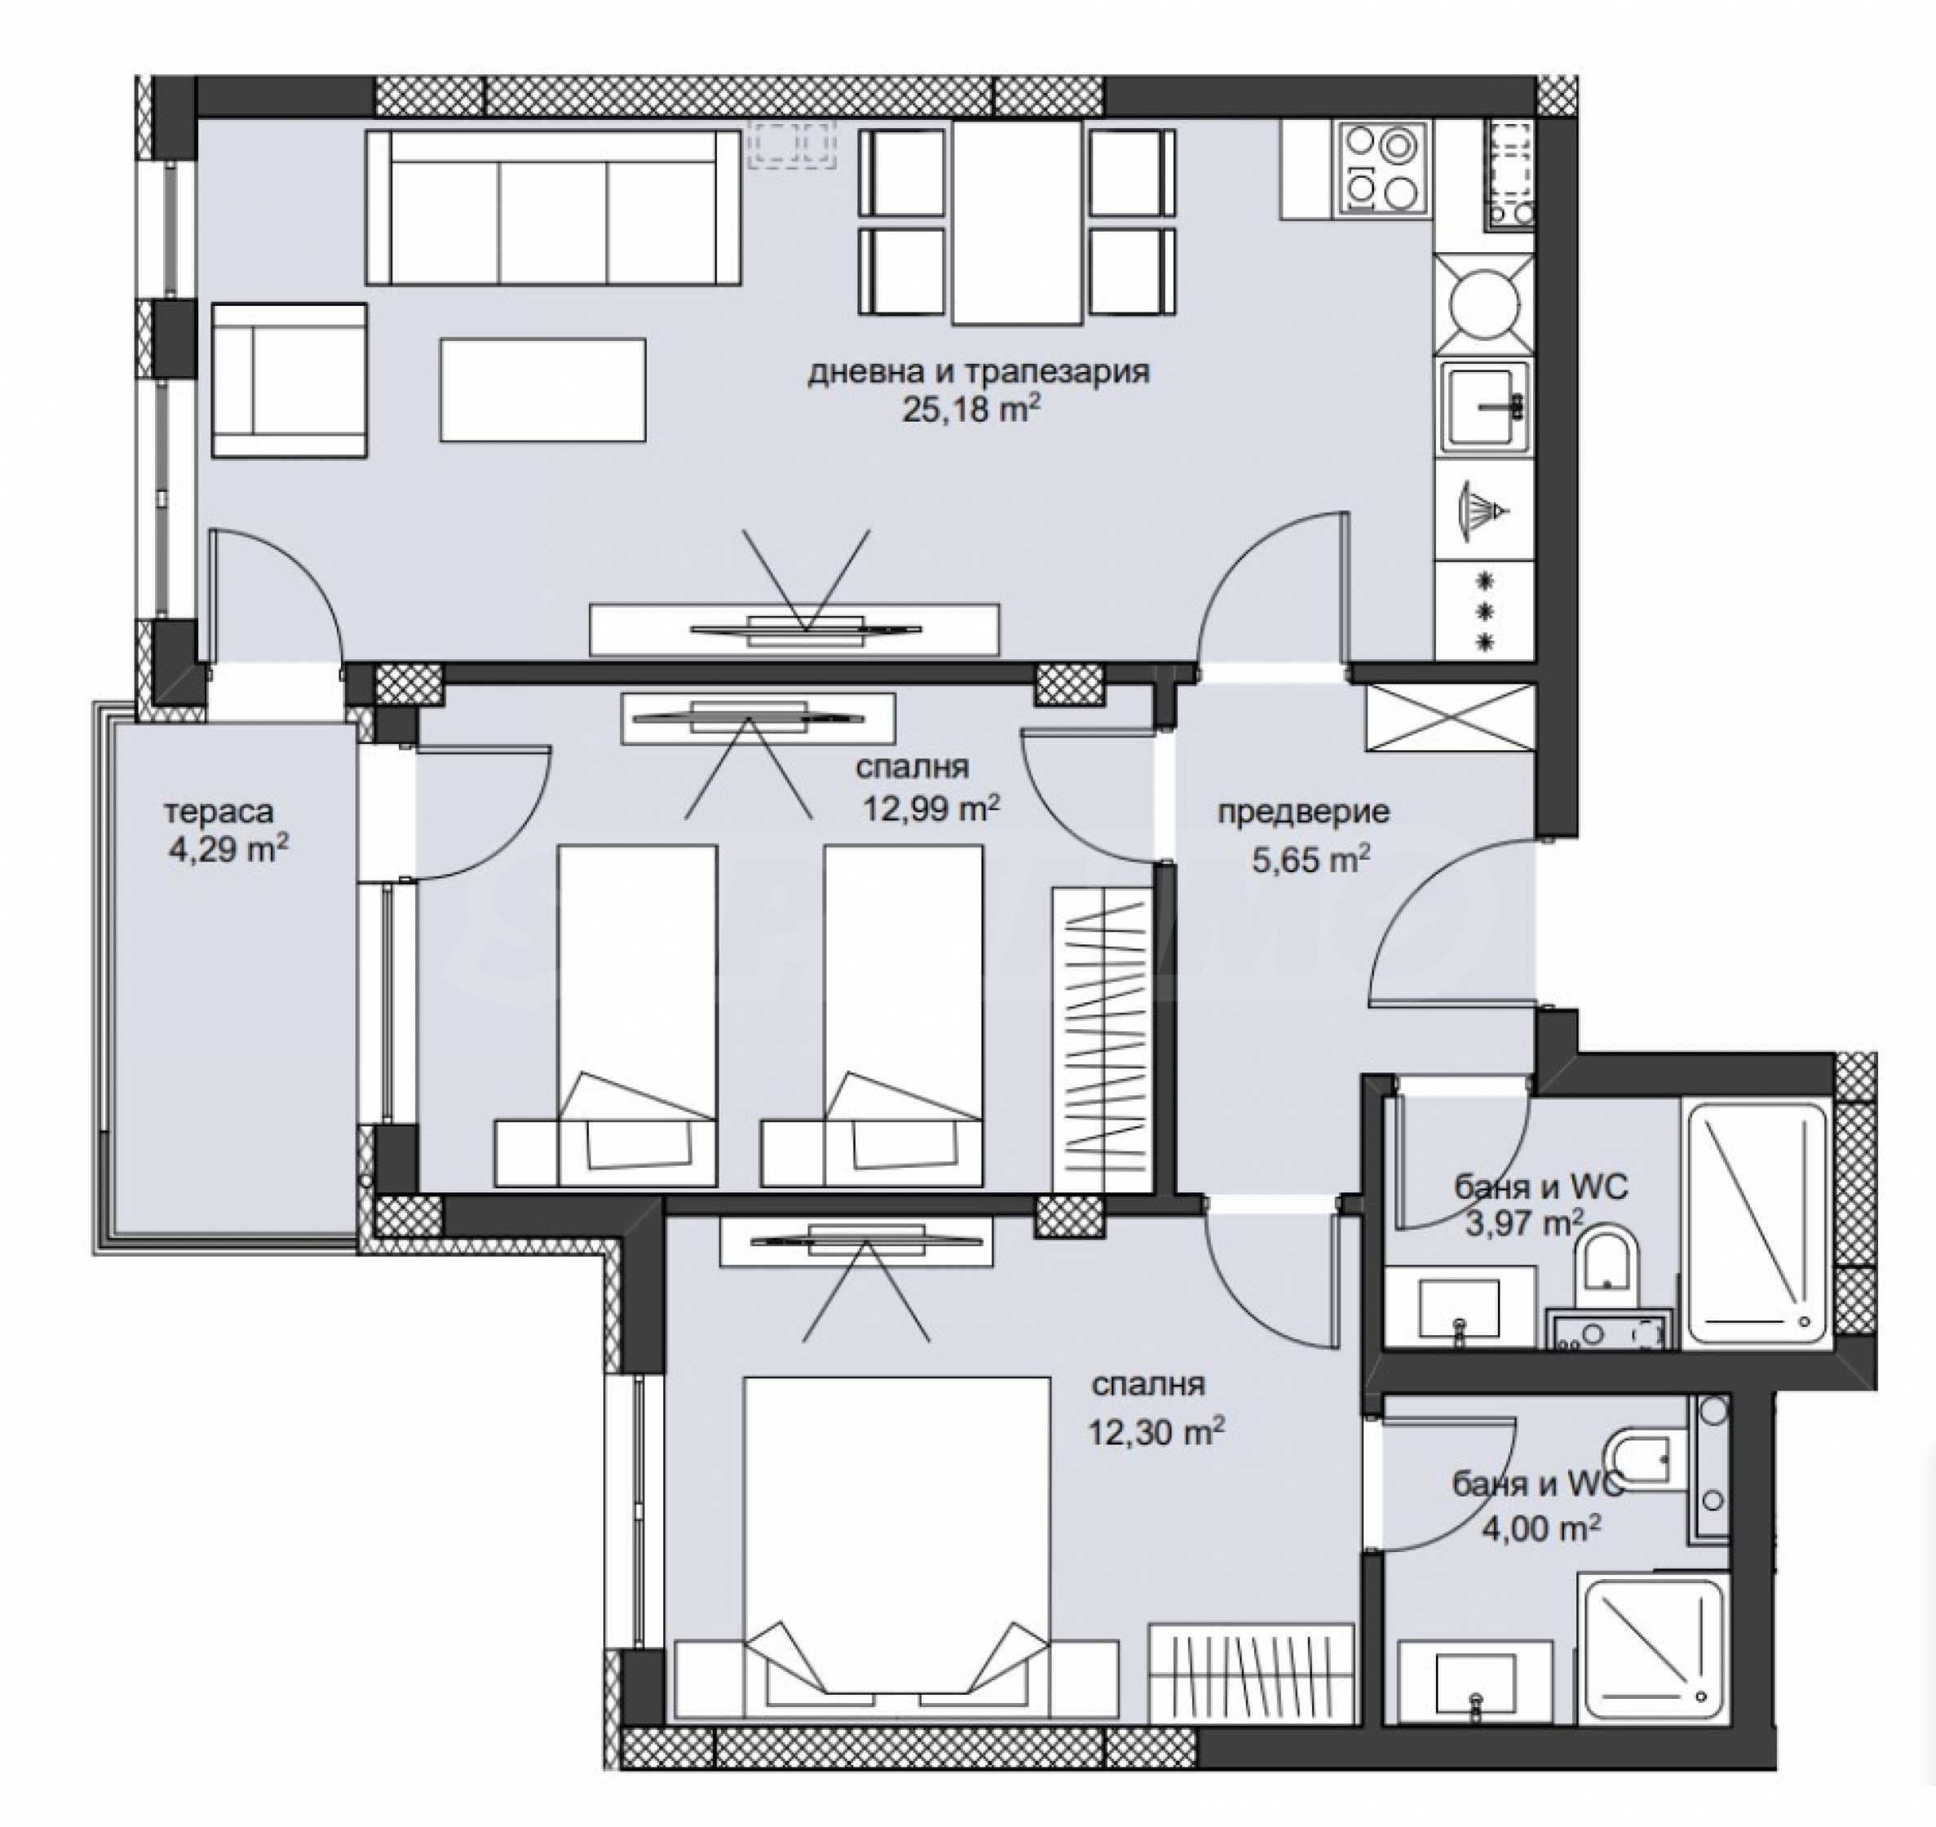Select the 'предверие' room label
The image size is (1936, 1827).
click(x=1303, y=812)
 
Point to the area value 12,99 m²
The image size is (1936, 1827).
click(x=930, y=807)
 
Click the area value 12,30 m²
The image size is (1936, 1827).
click(x=1156, y=1431)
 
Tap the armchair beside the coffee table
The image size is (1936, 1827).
click(x=290, y=380)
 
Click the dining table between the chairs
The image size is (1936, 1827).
click(x=1017, y=223)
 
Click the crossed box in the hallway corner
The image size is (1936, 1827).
click(x=1450, y=718)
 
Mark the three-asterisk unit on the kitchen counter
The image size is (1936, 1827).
click(x=1486, y=612)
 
